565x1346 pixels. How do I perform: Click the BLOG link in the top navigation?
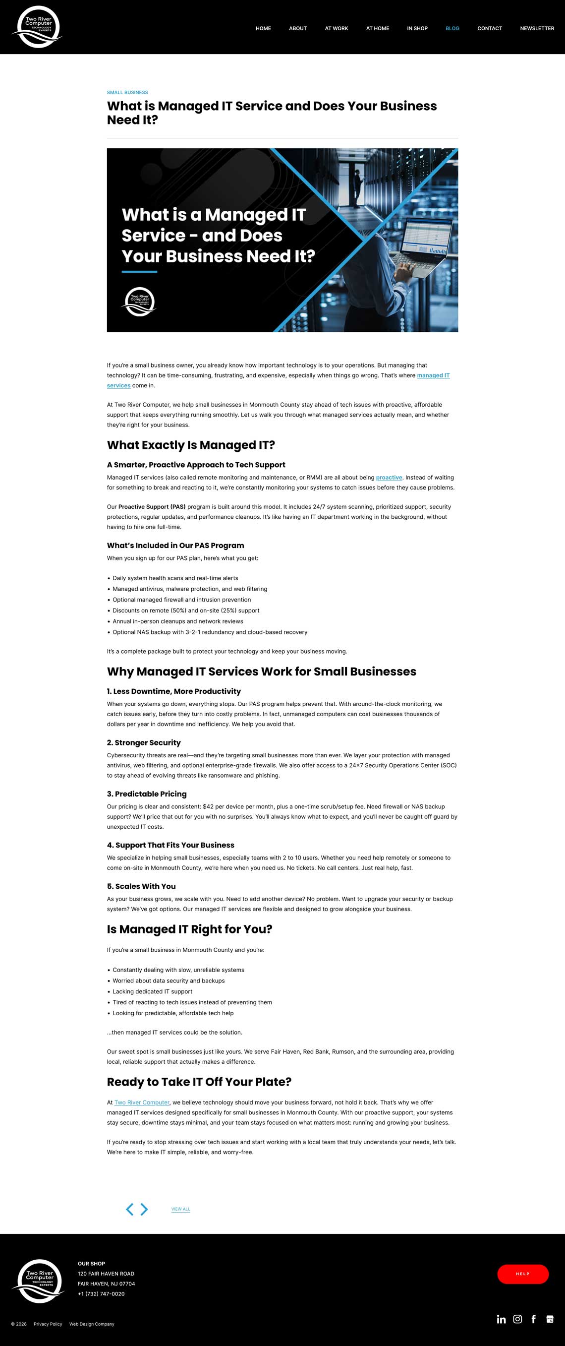[452, 28]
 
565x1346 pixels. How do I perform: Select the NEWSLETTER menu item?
[537, 28]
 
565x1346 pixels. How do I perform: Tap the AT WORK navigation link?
[337, 28]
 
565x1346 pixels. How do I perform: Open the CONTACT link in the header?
[489, 28]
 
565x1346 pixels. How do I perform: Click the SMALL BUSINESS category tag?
[127, 92]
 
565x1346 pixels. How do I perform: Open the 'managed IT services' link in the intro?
[433, 375]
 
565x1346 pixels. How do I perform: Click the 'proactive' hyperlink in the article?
[389, 477]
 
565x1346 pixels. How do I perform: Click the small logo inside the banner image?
[139, 302]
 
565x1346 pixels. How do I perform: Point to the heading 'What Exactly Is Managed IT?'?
[191, 445]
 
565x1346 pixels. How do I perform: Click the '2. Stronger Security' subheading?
[144, 742]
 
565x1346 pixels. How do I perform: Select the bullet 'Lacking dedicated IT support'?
[153, 991]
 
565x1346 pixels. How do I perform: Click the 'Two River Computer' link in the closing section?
[142, 1102]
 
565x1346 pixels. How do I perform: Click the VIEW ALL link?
[181, 1209]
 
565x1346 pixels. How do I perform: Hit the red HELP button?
[522, 1274]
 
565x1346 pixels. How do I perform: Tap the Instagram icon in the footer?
[517, 1319]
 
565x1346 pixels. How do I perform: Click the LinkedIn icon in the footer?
[501, 1319]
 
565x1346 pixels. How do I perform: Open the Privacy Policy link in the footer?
[48, 1324]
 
